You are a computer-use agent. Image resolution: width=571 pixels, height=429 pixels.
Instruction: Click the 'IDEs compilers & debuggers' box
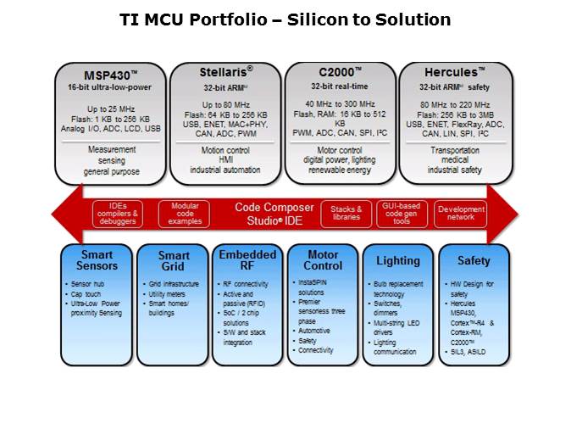117,214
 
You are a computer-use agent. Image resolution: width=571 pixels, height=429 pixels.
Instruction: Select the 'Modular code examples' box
186,214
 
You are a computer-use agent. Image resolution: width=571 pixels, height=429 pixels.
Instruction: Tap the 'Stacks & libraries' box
346,214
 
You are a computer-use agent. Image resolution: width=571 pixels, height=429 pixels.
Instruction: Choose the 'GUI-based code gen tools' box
402,214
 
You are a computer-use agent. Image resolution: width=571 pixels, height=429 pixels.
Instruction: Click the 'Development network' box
461,214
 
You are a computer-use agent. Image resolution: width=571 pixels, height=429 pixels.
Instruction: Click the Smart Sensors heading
96,260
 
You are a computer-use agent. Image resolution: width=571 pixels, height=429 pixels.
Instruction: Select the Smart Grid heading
174,261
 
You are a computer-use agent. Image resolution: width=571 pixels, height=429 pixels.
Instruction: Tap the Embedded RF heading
247,260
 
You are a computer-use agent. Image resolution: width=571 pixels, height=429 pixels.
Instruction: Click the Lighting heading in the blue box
397,261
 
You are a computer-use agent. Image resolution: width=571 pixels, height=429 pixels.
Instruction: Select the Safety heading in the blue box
474,261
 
